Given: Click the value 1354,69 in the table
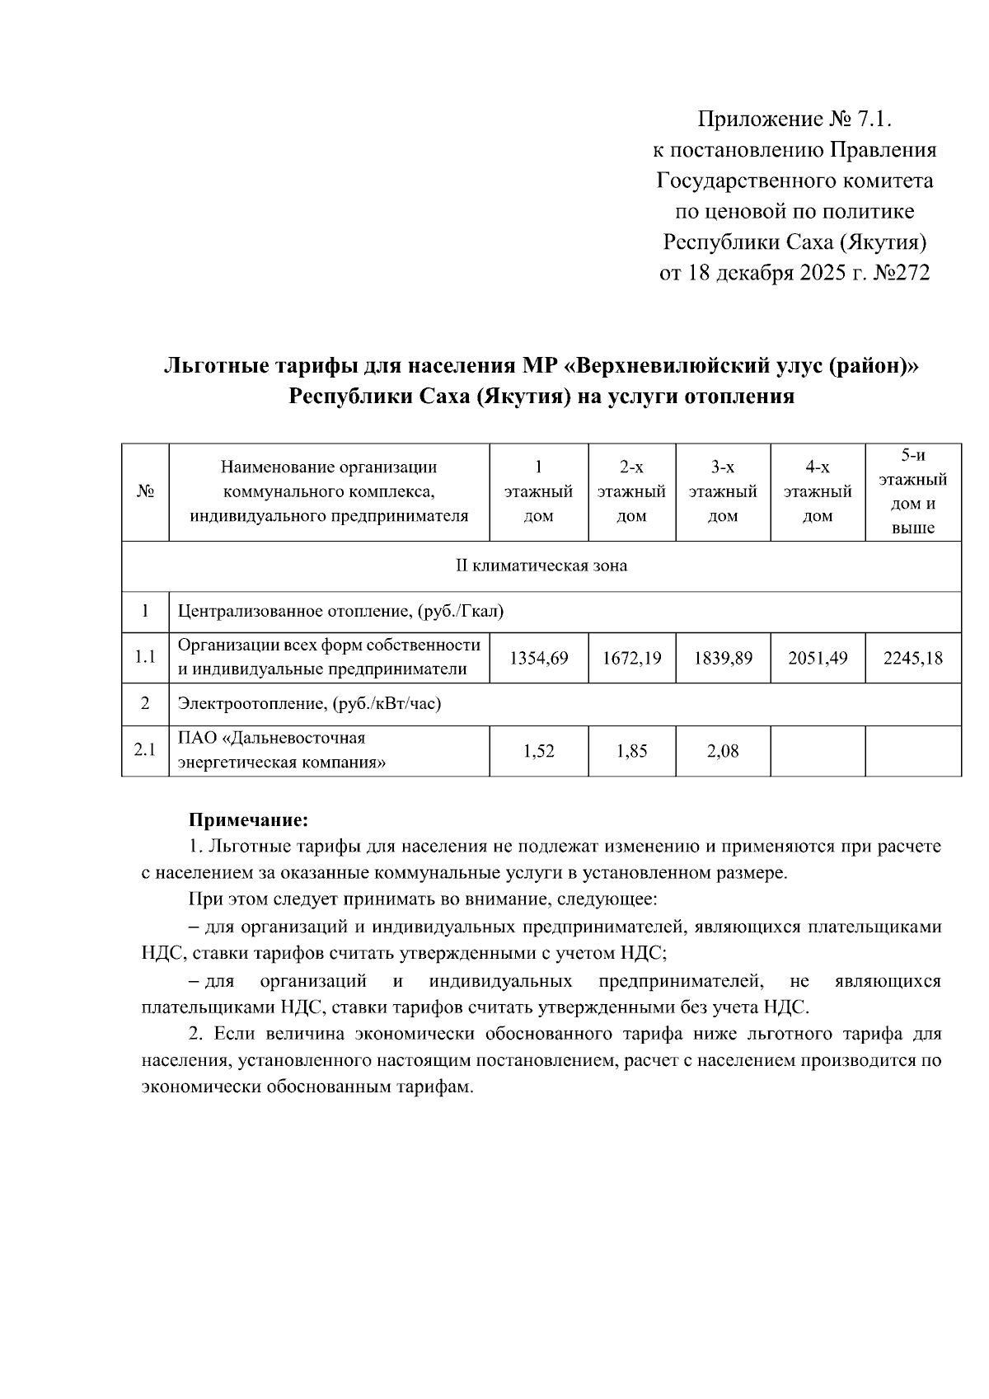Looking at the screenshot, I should [x=539, y=659].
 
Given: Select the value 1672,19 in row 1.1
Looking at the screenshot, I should [x=631, y=659].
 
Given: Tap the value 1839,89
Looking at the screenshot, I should [x=723, y=659].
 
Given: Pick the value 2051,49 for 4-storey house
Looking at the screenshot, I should [x=818, y=659].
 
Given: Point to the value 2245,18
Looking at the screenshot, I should [x=912, y=659].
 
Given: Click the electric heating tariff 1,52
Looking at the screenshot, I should [x=539, y=751].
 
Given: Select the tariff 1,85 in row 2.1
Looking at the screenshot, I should [x=631, y=751].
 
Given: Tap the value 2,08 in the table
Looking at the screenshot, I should [x=723, y=751].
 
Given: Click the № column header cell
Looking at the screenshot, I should [x=145, y=492].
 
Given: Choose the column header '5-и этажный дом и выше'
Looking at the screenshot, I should [x=912, y=492].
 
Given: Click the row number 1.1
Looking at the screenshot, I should [x=145, y=659].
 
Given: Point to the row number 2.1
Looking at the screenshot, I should [x=145, y=751].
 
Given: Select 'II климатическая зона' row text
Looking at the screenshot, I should [x=541, y=566].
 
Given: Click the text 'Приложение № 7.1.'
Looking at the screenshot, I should [x=795, y=120].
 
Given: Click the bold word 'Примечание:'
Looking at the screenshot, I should [x=248, y=820].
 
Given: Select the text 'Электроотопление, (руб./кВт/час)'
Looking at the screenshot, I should [x=309, y=704].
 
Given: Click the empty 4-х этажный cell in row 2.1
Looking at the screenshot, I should [x=818, y=751].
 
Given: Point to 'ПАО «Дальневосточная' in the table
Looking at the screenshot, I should [x=272, y=738].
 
